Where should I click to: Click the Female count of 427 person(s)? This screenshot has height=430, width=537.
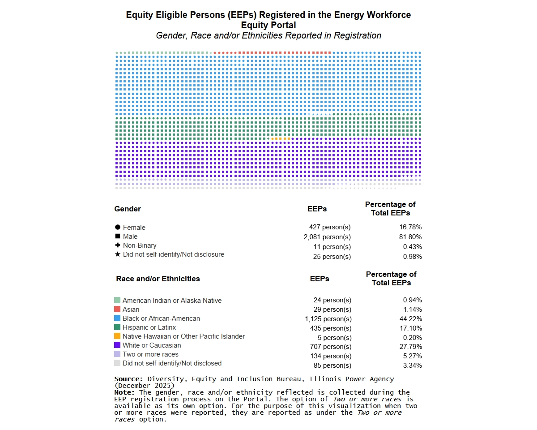coord(330,227)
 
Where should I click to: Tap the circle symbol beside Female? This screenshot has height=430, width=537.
coord(118,228)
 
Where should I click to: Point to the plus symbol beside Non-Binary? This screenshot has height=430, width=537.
coord(118,245)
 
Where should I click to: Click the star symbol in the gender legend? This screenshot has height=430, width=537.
coord(118,254)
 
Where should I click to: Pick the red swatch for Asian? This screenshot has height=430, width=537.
coord(117,310)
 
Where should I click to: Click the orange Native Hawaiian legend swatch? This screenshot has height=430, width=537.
coord(117,336)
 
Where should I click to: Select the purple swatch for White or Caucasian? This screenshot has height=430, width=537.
coord(117,345)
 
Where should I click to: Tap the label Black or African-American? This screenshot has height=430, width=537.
coord(161,318)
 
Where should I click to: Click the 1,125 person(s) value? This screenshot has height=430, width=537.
coord(328,319)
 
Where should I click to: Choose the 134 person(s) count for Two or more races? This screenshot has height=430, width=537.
coord(331,356)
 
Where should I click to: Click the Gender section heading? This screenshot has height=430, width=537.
coord(128,209)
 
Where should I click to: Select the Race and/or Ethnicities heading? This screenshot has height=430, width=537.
coord(158,279)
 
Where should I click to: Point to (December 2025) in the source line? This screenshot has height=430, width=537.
coord(145,385)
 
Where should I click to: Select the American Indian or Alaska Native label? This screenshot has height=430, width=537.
coord(172,301)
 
